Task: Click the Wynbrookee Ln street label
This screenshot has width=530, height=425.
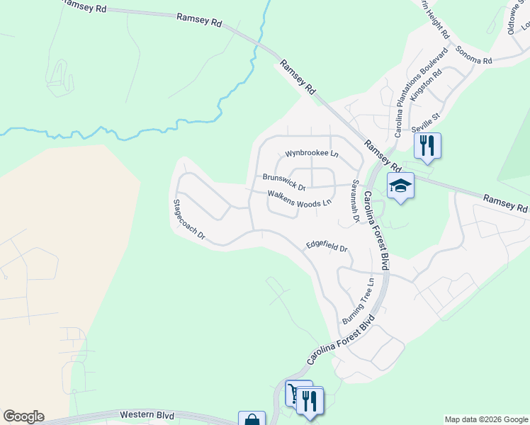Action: click(x=312, y=154)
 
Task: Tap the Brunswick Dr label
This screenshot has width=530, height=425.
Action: click(x=283, y=183)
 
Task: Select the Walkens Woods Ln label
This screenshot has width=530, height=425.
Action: click(x=299, y=199)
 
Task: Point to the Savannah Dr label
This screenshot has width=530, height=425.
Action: click(x=353, y=202)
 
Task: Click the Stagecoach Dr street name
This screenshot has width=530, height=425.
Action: click(x=188, y=218)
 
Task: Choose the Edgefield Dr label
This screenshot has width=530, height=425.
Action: click(x=327, y=246)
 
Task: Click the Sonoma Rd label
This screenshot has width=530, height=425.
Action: click(x=473, y=56)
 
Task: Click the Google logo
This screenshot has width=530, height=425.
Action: click(x=23, y=416)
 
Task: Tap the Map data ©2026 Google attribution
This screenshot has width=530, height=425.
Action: click(x=487, y=419)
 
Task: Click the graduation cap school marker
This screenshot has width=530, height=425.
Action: click(x=400, y=186)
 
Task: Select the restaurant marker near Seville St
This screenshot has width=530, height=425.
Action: click(x=427, y=145)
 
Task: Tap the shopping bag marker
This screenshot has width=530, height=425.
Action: click(x=252, y=420)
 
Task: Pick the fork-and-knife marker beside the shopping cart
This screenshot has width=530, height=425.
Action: click(x=310, y=401)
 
